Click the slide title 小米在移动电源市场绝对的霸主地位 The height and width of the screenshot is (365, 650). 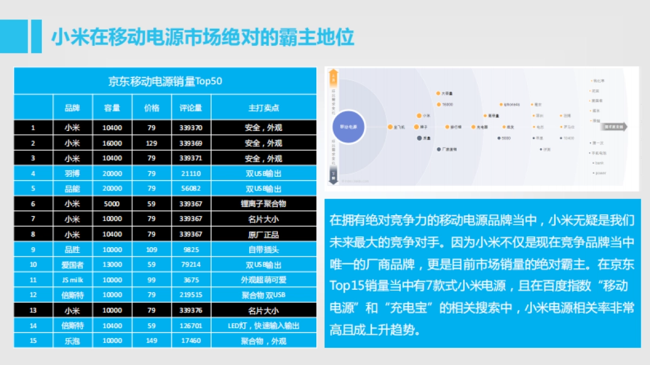click(x=203, y=37)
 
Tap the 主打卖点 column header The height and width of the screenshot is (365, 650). click(x=263, y=108)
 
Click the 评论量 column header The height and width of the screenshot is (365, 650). click(x=191, y=108)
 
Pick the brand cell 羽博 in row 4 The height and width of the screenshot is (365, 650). click(x=72, y=174)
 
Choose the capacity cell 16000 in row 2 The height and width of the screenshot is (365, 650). click(x=112, y=143)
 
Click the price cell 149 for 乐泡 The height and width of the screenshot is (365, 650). click(x=151, y=341)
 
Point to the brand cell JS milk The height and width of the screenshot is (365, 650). click(x=72, y=280)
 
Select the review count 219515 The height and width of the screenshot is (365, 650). click(x=191, y=295)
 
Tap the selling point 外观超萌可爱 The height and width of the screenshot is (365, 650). click(x=263, y=280)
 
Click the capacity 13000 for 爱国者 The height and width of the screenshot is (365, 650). click(x=112, y=265)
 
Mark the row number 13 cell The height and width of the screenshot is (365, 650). click(x=33, y=310)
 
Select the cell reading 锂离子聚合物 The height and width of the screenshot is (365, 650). click(x=263, y=204)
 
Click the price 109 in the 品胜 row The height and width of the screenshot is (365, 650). click(x=151, y=250)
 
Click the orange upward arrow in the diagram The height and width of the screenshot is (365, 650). click(x=334, y=77)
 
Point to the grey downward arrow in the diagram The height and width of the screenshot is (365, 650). click(x=334, y=175)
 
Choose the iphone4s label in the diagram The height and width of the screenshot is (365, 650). click(x=511, y=104)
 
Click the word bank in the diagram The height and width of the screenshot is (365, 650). click(x=599, y=163)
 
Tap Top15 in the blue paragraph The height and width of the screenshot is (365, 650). click(x=344, y=285)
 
